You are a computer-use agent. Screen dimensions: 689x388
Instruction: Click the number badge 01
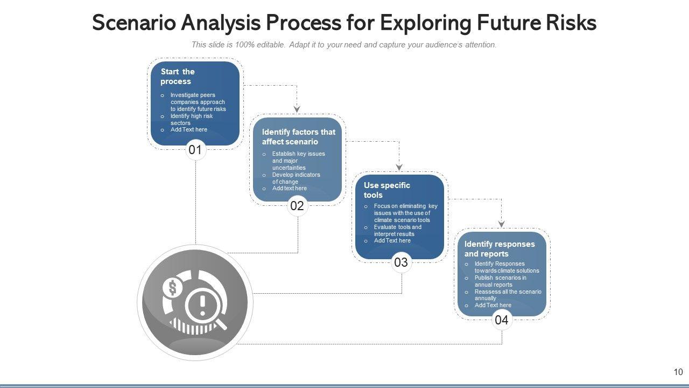(x=195, y=150)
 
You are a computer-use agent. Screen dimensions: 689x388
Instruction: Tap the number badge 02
(x=297, y=205)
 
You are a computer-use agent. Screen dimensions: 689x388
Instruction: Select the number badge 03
(x=401, y=262)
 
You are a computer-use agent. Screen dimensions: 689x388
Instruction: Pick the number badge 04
(x=501, y=320)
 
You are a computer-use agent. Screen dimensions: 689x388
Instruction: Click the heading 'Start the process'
(x=177, y=77)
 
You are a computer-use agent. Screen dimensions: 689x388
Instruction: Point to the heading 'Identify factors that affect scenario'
(x=298, y=137)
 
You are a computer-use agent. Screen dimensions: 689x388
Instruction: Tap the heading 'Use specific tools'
(x=386, y=190)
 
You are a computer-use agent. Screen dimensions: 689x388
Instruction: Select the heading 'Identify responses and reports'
(x=500, y=249)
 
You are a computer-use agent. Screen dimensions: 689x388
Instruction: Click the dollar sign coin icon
(x=172, y=288)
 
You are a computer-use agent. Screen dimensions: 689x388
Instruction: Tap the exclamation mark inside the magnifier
(x=202, y=306)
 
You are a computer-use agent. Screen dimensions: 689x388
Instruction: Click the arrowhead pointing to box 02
(x=297, y=109)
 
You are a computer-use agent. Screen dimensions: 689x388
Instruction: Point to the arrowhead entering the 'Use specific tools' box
(x=399, y=167)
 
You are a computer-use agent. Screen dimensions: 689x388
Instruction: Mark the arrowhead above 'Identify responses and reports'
(x=501, y=224)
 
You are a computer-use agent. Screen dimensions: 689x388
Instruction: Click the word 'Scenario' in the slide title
(x=134, y=23)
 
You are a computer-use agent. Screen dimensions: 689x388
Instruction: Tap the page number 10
(x=678, y=372)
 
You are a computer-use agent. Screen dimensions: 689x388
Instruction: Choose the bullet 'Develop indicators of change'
(x=296, y=178)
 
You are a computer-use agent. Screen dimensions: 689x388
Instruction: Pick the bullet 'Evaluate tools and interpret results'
(x=397, y=231)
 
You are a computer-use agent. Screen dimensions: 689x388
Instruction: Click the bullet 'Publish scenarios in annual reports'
(x=500, y=281)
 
